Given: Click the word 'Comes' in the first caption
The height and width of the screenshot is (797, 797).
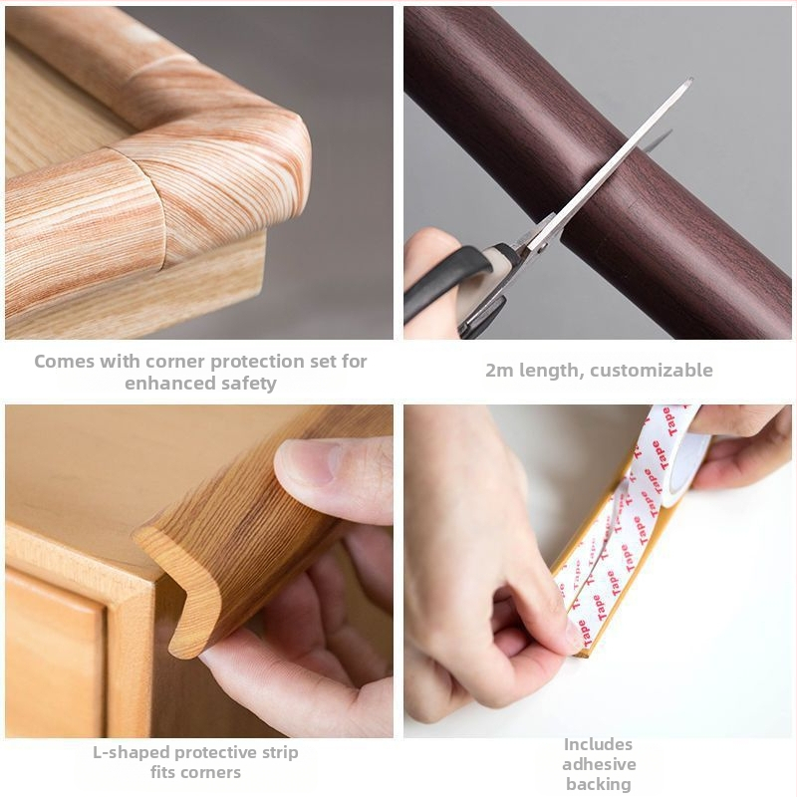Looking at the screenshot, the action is pyautogui.click(x=64, y=362).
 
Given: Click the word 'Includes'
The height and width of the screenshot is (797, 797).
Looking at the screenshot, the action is pyautogui.click(x=598, y=744).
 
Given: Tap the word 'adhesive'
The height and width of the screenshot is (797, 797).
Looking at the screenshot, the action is pyautogui.click(x=599, y=764).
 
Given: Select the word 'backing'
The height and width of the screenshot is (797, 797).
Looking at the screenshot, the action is pyautogui.click(x=599, y=784).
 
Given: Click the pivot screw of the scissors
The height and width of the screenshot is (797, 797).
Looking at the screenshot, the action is pyautogui.click(x=543, y=247).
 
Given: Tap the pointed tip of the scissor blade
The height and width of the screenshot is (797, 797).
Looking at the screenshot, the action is pyautogui.click(x=690, y=80).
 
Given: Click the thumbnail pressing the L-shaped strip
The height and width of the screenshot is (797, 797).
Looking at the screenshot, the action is pyautogui.click(x=308, y=461).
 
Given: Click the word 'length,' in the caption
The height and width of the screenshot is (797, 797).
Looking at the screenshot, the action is pyautogui.click(x=550, y=371).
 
